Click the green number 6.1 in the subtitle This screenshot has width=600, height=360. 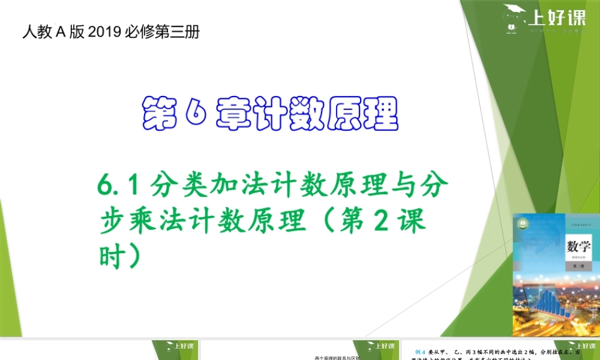click(x=119, y=187)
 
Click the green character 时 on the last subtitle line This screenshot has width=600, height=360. click(x=113, y=256)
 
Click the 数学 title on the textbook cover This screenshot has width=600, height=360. click(x=578, y=246)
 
